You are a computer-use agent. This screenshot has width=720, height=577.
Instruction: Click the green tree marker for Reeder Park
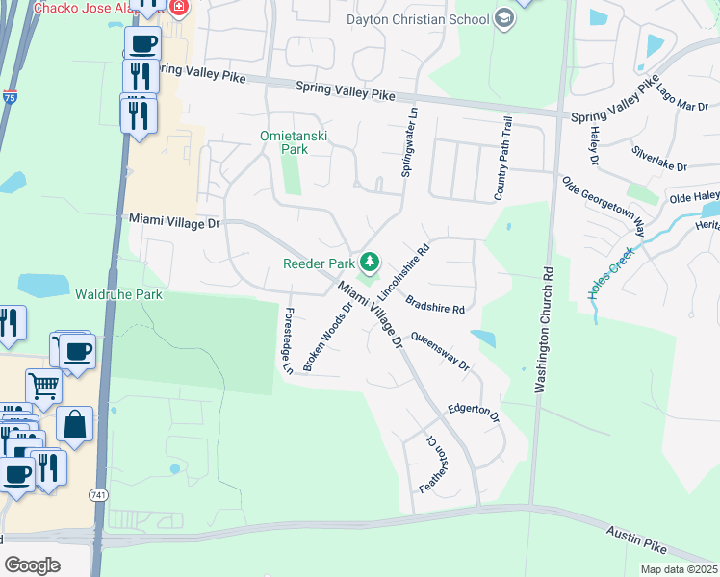(x=369, y=261)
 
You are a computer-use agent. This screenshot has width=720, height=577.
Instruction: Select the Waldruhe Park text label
(x=119, y=294)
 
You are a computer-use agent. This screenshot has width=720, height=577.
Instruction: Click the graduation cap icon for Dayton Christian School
(x=503, y=19)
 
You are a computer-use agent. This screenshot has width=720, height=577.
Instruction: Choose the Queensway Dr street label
(x=440, y=352)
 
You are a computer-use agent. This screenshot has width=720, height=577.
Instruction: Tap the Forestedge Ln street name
(x=287, y=340)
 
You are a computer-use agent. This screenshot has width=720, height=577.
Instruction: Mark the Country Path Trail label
(x=501, y=159)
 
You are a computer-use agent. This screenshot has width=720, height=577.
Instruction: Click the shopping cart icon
(x=43, y=387)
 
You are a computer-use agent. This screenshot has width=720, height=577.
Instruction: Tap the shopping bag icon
(x=74, y=423)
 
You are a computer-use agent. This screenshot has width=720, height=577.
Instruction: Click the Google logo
(x=32, y=564)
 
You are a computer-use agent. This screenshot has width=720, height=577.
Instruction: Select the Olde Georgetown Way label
(x=604, y=206)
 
